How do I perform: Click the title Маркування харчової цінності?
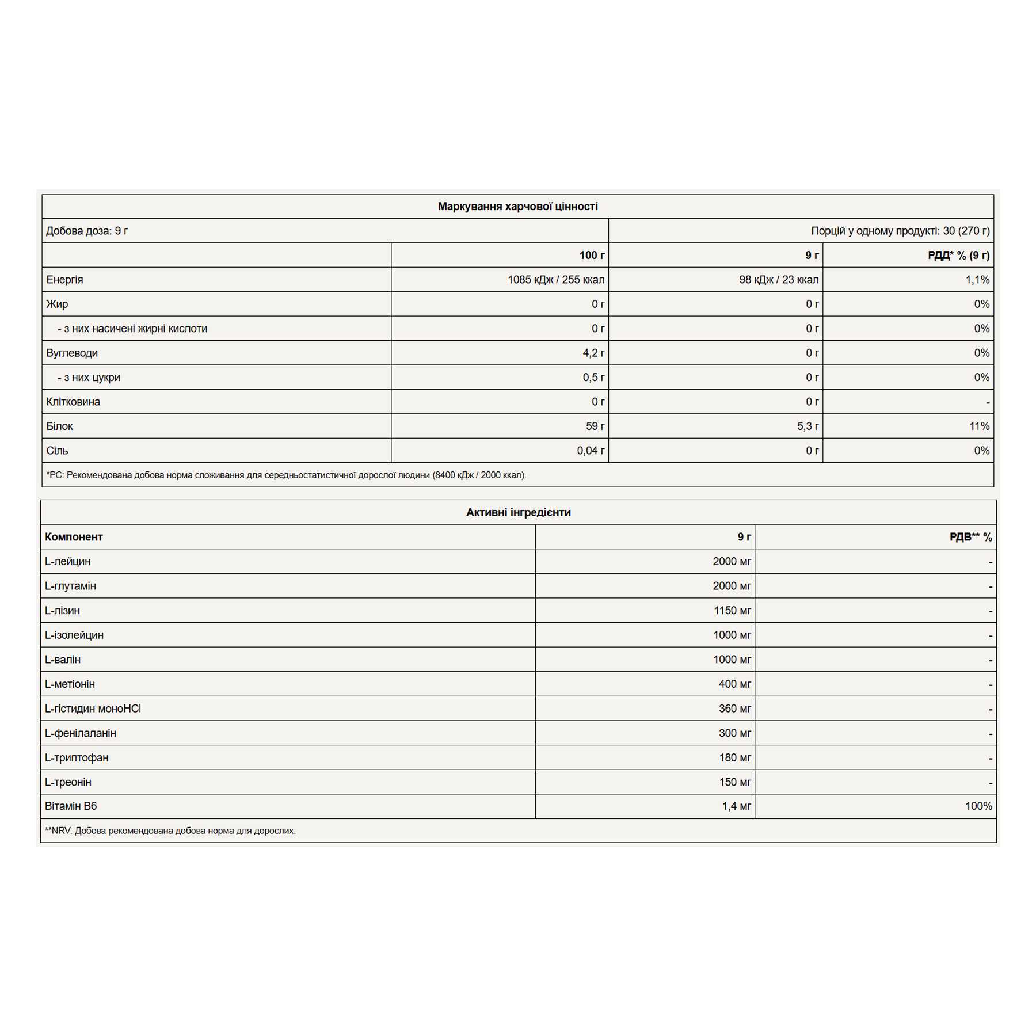[x=517, y=207]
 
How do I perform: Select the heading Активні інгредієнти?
[x=518, y=512]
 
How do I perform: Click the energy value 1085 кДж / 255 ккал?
[x=555, y=280]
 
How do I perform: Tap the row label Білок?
[x=59, y=426]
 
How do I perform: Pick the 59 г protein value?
[x=595, y=426]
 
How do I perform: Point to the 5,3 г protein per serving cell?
[x=808, y=426]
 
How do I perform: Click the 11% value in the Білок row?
[x=979, y=426]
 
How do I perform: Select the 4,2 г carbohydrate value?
[x=593, y=353]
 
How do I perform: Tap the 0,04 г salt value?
[x=591, y=451]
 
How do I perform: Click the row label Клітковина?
[x=73, y=402]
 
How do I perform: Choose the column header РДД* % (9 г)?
[x=958, y=256]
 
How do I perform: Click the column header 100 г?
[x=592, y=256]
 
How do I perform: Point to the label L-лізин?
[x=62, y=611]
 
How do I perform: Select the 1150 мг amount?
[x=732, y=611]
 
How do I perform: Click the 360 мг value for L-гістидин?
[x=734, y=709]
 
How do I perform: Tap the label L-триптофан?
[x=77, y=757]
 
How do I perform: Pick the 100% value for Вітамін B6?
[x=978, y=806]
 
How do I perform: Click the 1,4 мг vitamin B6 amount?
[x=736, y=806]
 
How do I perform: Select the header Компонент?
[x=74, y=537]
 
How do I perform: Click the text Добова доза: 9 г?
[x=87, y=231]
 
